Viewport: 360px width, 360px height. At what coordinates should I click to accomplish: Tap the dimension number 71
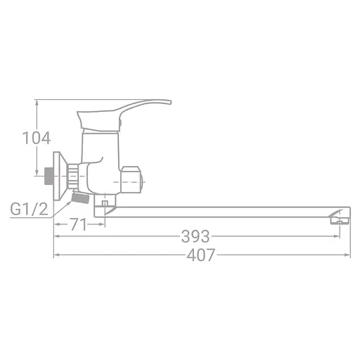78,225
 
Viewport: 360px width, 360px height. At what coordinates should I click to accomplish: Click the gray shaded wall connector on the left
49,175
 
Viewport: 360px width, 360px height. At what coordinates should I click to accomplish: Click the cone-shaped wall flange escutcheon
62,174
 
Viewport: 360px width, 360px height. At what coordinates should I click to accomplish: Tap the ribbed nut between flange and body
76,176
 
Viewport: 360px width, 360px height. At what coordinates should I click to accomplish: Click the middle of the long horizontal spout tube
225,211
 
